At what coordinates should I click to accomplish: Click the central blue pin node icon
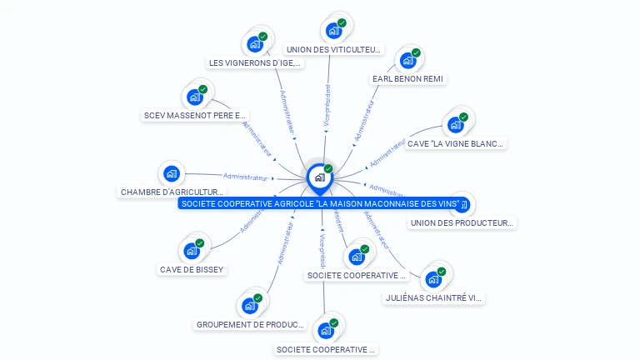point(319,177)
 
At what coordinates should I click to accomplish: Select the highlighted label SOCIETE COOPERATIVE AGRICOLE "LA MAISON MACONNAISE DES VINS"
point(320,203)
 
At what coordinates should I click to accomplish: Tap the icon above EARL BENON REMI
point(407,60)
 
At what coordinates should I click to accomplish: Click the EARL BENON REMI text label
point(408,79)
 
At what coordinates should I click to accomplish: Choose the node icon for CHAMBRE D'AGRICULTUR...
point(172,173)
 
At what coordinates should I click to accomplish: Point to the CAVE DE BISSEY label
point(192,269)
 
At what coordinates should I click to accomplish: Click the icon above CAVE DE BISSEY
point(192,250)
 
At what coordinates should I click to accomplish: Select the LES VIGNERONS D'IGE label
point(255,62)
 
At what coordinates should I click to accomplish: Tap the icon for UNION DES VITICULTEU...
point(334,31)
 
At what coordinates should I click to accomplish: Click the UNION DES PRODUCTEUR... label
point(463,222)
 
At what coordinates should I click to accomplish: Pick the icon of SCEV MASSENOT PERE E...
point(195,97)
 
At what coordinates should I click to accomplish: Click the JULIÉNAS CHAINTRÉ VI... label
point(433,297)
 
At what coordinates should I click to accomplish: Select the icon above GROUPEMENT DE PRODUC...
point(249,305)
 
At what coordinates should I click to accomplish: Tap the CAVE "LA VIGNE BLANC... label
point(455,143)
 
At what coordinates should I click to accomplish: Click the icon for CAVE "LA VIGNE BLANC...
point(455,124)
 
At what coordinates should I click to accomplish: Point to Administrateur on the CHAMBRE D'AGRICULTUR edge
point(246,177)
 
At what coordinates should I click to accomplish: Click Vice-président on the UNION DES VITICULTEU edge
point(327,105)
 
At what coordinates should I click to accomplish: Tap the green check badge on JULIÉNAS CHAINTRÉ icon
point(442,271)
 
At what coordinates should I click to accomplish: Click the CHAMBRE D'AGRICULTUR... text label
point(172,192)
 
